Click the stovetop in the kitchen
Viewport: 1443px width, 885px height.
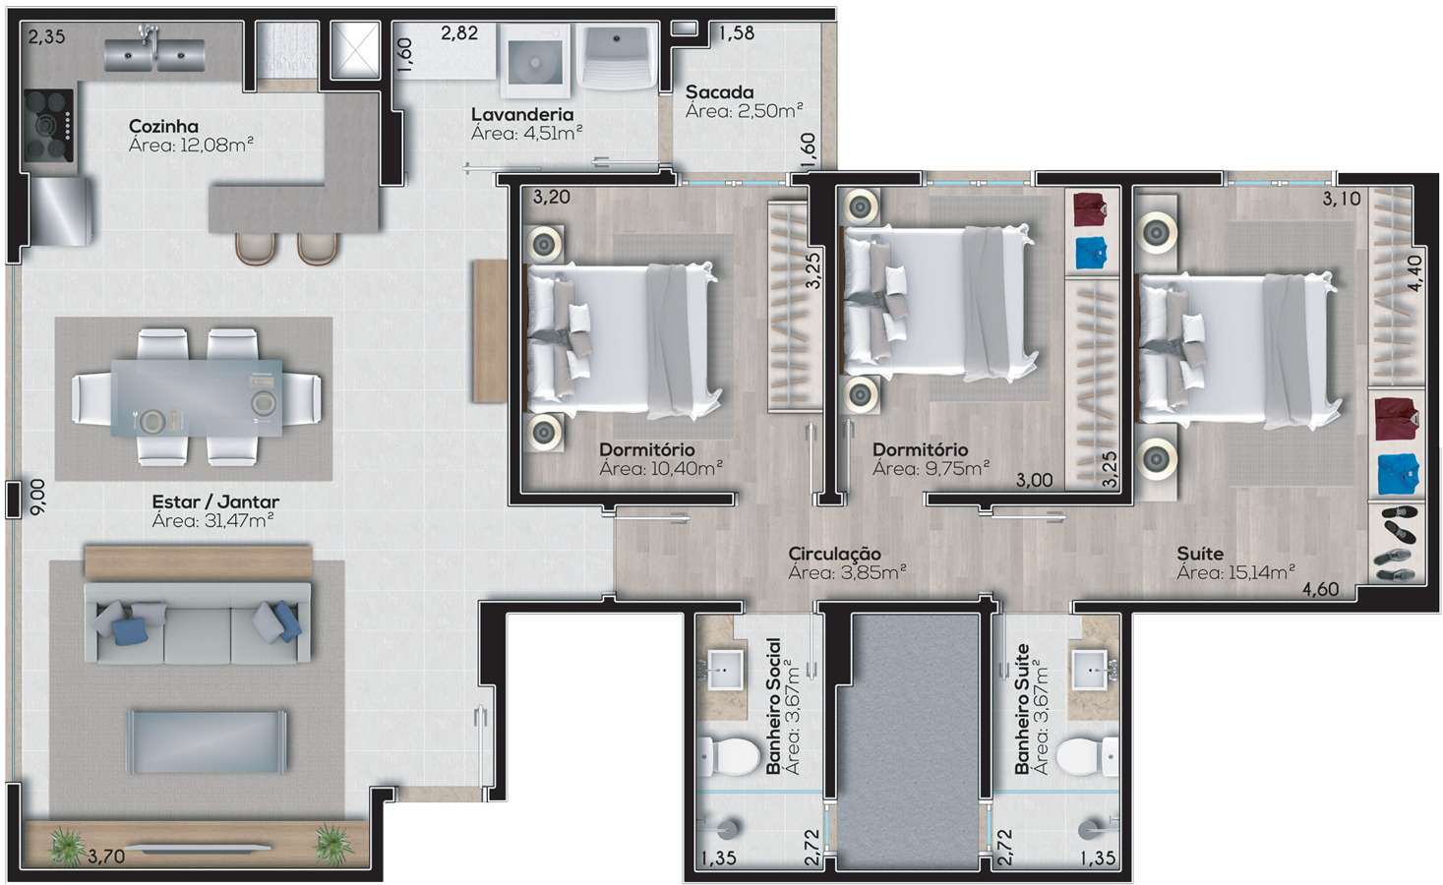pos(48,126)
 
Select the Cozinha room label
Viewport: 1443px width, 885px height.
pos(163,126)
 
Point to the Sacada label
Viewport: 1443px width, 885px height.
pos(719,91)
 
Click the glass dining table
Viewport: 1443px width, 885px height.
pos(197,398)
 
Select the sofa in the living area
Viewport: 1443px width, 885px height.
pos(198,623)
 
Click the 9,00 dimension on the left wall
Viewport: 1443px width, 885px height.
pos(38,497)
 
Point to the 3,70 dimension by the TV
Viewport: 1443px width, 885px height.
pos(106,856)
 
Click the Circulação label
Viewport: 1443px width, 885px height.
pos(834,554)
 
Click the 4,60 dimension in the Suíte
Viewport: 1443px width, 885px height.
pos(1321,589)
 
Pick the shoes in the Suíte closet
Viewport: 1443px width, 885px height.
pos(1396,544)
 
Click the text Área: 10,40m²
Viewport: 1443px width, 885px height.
pos(661,468)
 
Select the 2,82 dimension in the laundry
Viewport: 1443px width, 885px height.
pos(459,32)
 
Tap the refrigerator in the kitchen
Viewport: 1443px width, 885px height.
pos(61,211)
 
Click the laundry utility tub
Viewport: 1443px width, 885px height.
pos(615,57)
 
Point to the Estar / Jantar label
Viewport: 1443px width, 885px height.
pos(215,501)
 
